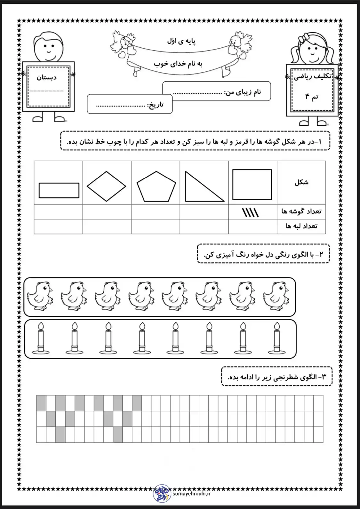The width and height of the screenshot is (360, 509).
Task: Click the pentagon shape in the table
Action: (156, 187)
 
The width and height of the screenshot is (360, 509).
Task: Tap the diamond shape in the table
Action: (107, 186)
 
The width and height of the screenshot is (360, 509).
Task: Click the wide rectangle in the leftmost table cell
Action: (59, 190)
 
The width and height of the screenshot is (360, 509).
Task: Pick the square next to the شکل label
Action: (252, 185)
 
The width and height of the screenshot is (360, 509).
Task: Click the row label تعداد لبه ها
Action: (301, 226)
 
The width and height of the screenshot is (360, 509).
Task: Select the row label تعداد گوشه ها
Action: (301, 211)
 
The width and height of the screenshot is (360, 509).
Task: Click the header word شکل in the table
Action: (301, 183)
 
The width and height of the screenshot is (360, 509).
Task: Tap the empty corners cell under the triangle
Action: (204, 212)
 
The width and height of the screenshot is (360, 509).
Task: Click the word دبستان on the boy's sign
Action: (46, 77)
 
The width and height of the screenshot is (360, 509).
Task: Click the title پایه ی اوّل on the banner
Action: (181, 41)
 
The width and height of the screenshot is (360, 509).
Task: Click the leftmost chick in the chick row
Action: (40, 296)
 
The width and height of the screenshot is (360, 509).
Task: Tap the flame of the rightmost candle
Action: (276, 326)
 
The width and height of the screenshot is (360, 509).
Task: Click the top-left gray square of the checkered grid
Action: (41, 403)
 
